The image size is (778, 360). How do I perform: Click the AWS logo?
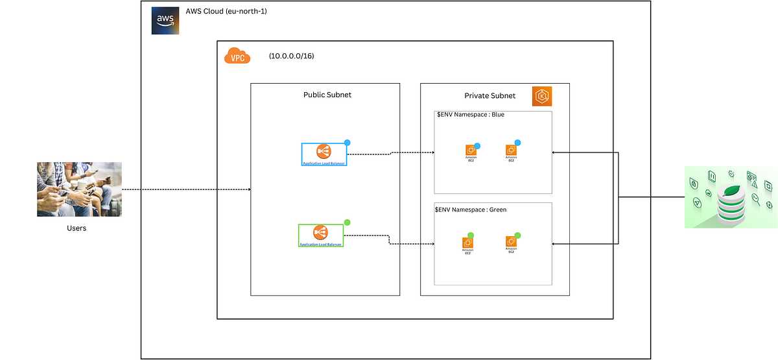pos(165,20)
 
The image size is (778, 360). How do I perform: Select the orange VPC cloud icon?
pos(237,56)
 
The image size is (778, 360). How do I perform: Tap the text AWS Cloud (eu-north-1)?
pos(226,12)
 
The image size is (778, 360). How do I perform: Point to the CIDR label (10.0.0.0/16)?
pos(292,56)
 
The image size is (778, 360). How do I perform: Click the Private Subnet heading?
pos(489,95)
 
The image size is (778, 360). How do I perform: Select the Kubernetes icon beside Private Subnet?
pos(541,96)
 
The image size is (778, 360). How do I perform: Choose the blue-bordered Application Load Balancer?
pos(324,154)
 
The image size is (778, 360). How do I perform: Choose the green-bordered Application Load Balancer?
pos(320,235)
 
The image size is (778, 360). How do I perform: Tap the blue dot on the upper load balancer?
pos(347,142)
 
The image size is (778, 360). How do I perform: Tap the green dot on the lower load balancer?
pos(347,222)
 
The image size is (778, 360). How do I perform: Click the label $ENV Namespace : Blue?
pos(470,115)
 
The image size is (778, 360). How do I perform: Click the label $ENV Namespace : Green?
pos(471,210)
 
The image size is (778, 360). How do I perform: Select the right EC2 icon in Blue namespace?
pos(511,150)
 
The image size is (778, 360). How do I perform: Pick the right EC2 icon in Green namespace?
pos(511,242)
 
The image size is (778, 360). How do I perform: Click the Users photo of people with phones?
pos(79,189)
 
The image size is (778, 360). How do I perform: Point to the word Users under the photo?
pos(77,228)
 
